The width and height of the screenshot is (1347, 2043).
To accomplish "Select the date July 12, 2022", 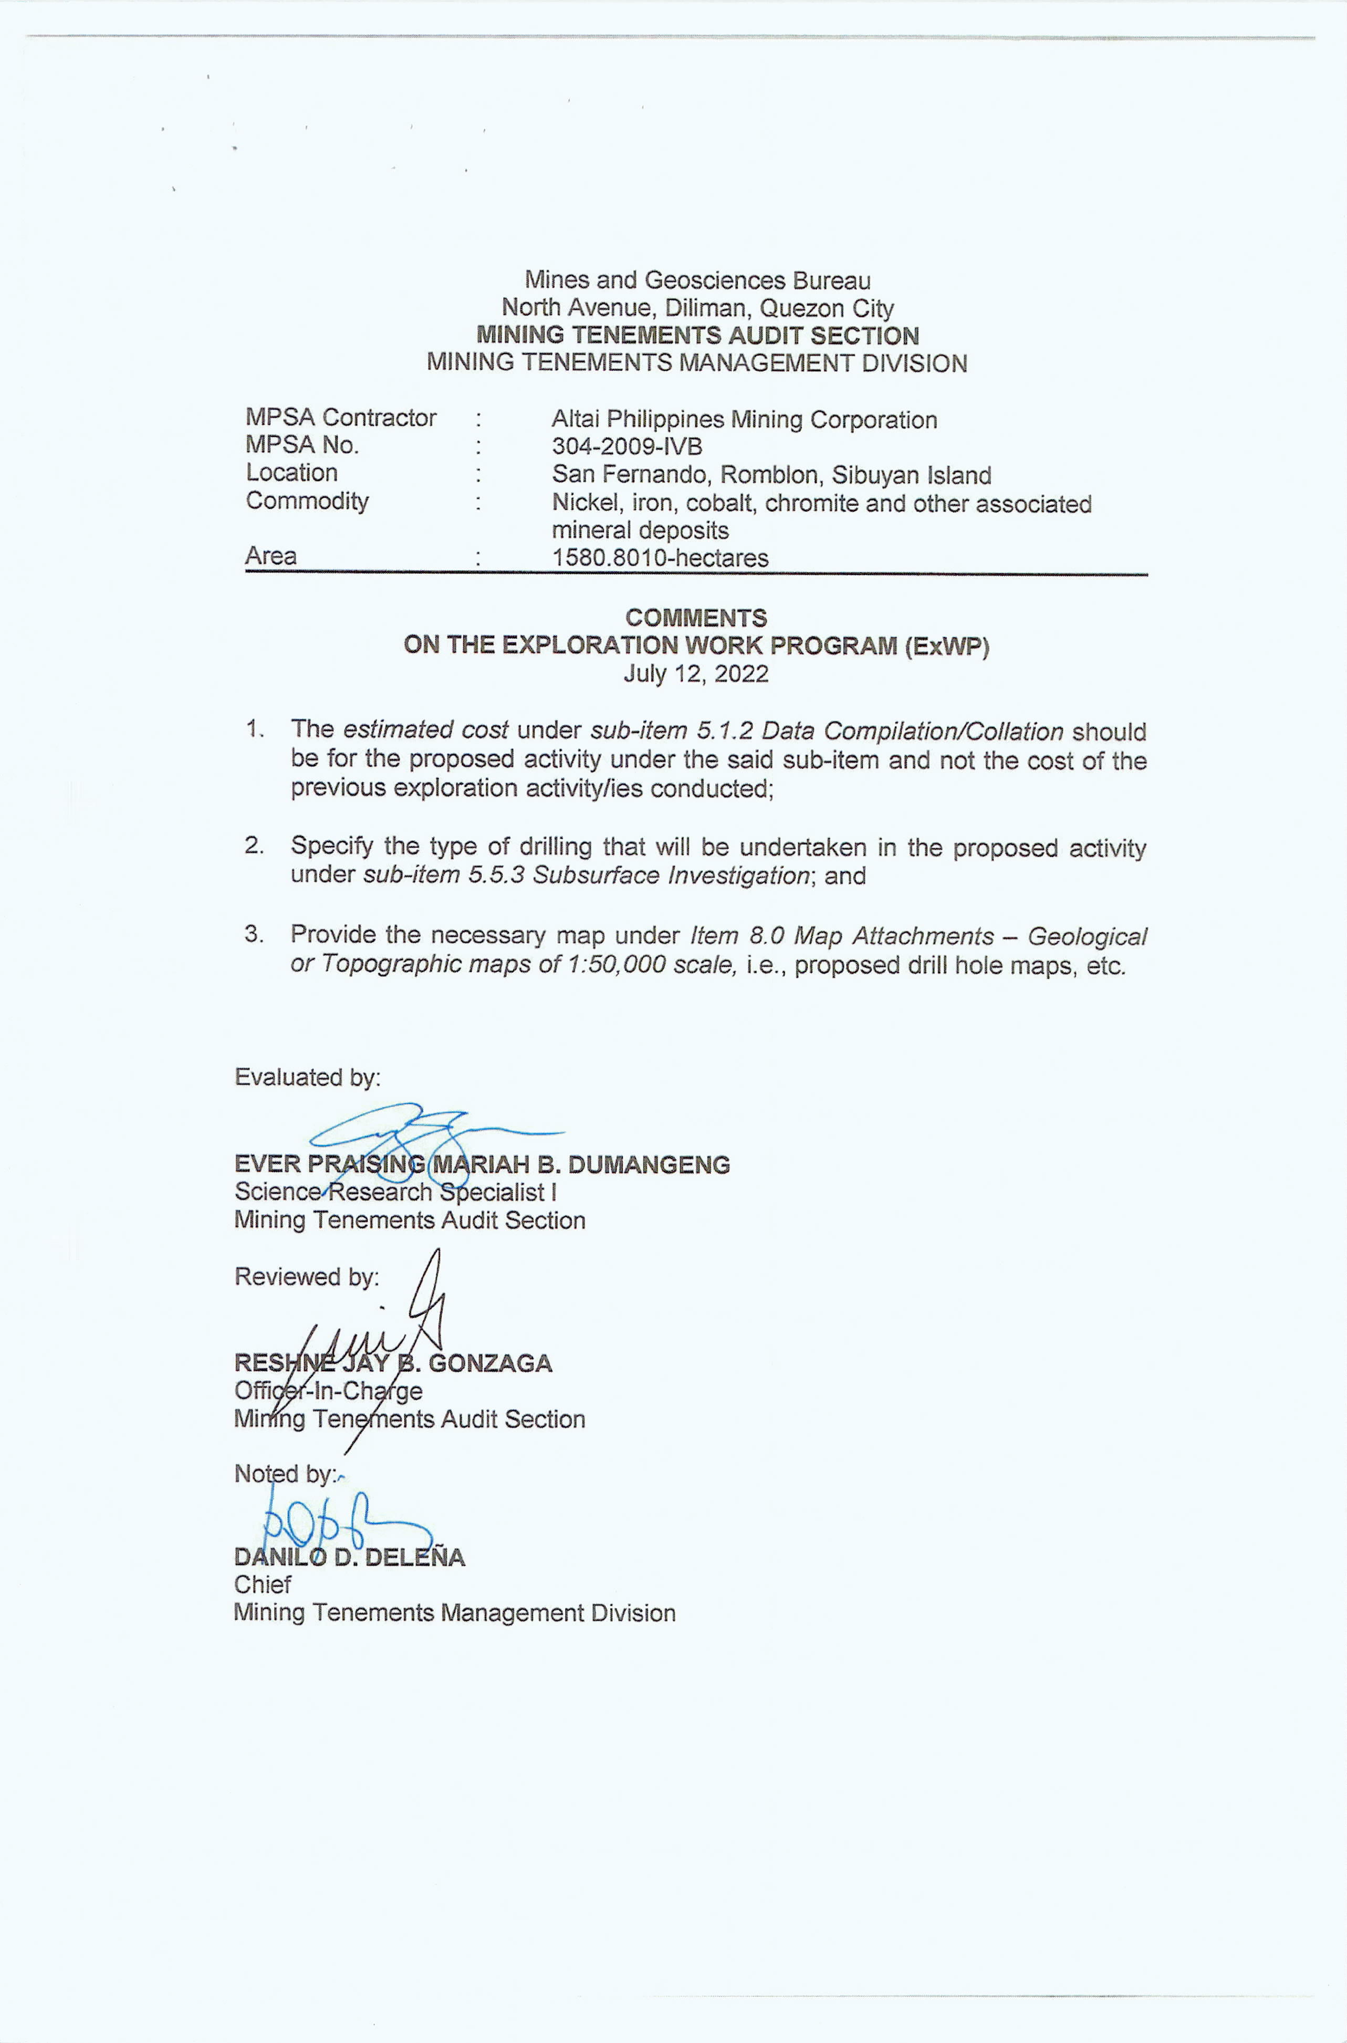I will click(x=696, y=673).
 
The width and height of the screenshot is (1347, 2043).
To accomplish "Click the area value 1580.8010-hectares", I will click(x=659, y=558).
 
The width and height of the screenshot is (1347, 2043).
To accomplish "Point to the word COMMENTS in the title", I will click(x=696, y=618).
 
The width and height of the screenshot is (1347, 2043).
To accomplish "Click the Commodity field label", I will click(x=307, y=501).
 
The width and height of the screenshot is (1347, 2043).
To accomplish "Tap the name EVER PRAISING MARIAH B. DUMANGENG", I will click(x=482, y=1165).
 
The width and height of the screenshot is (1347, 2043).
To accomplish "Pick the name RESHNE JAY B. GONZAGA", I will click(x=393, y=1363).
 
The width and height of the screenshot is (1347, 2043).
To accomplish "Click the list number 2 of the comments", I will click(x=254, y=846).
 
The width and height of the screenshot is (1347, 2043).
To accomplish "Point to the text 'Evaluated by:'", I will click(x=308, y=1077).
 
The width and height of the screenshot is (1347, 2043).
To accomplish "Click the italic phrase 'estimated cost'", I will click(x=425, y=729).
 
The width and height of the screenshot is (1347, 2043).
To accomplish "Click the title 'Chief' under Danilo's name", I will click(x=262, y=1585).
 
